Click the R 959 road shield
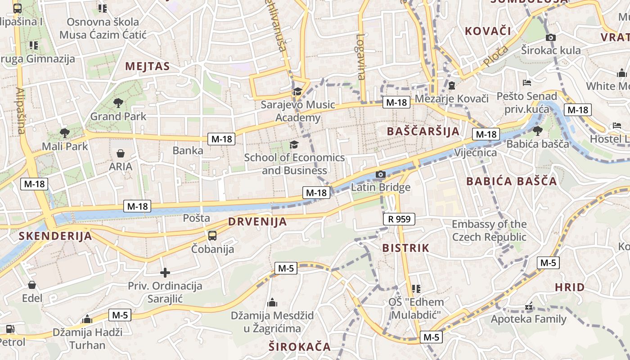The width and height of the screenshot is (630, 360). click(399, 219)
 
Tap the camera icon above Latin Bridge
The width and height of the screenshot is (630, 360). click(381, 174)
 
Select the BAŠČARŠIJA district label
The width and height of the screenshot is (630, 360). click(423, 131)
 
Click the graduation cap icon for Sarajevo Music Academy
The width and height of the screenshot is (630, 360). click(297, 92)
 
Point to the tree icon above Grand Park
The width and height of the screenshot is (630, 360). click(118, 103)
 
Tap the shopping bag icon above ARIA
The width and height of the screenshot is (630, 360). click(121, 153)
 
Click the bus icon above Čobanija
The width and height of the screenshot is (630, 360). click(212, 235)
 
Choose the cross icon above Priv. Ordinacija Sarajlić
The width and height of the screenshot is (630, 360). click(165, 273)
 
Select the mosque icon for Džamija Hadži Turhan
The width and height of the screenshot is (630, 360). click(87, 319)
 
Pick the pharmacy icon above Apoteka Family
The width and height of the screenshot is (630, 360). click(528, 307)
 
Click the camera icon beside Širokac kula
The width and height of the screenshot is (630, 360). click(550, 37)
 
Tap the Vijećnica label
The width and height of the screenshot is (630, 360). click(476, 153)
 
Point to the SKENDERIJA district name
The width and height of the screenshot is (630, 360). click(55, 236)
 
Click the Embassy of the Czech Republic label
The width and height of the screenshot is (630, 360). click(489, 230)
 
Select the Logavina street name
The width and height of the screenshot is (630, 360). click(361, 57)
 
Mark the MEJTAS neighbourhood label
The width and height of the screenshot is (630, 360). click(147, 67)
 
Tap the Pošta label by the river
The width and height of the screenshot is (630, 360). click(197, 218)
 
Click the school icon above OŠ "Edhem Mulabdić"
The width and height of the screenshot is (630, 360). click(416, 288)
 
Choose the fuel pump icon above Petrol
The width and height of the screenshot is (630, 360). click(10, 329)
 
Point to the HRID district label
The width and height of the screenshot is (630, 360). click(570, 287)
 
